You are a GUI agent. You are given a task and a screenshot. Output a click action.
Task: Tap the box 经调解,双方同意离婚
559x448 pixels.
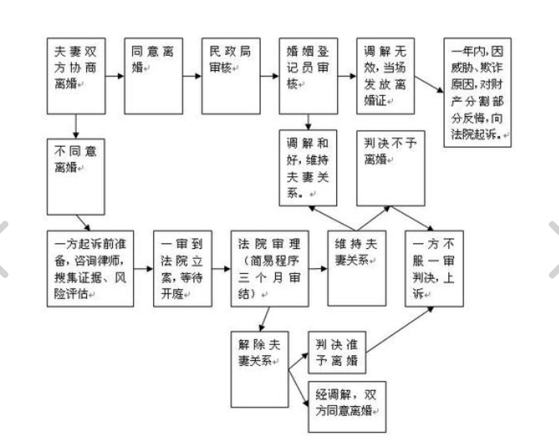pyautogui.click(x=347, y=405)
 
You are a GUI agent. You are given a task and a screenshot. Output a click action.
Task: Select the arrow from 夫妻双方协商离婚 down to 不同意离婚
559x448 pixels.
pyautogui.click(x=75, y=125)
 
